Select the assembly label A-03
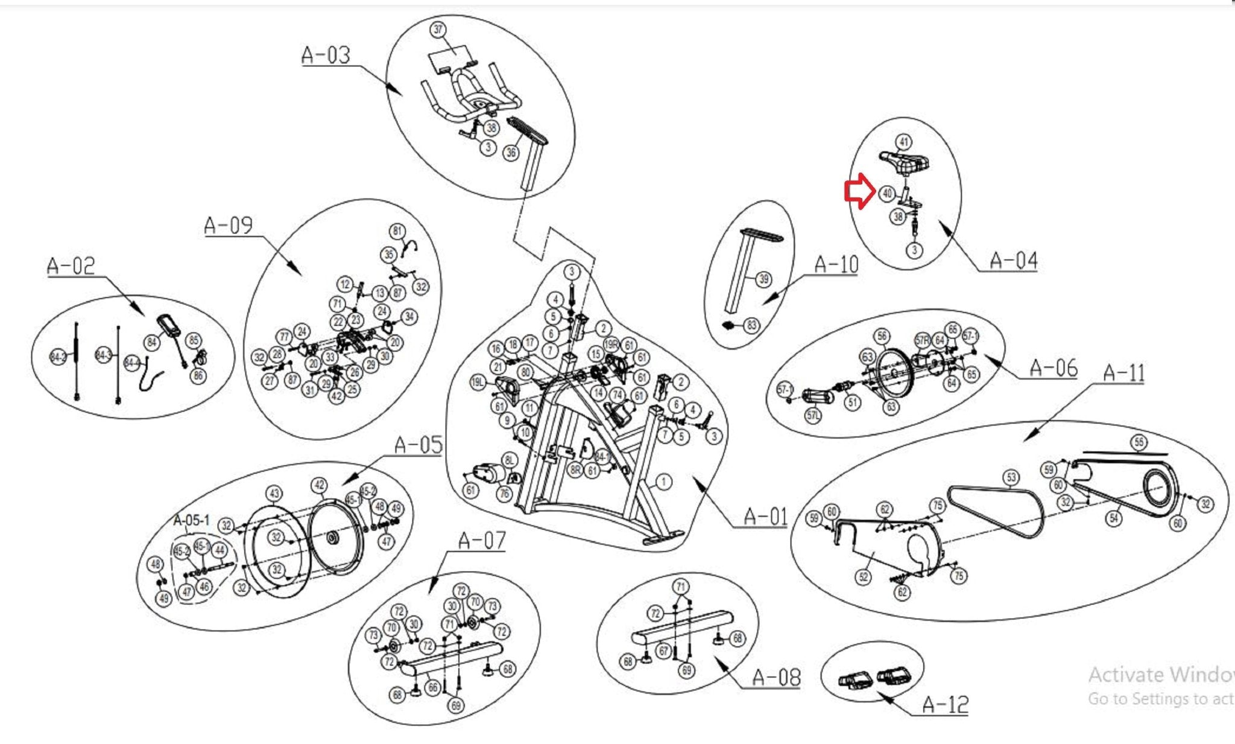coord(326,55)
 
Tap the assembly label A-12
coord(945,704)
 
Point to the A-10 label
coord(836,264)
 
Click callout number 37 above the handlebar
coord(438,30)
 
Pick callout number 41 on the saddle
coord(903,142)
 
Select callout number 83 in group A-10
coord(751,326)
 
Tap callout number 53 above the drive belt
coord(1011,478)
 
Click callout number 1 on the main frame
coord(663,482)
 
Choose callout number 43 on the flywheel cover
coord(274,494)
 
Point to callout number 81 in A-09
coord(397,231)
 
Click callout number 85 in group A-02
coord(194,340)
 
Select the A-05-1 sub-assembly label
coord(191,520)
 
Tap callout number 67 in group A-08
coord(663,651)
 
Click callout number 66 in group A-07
coord(432,688)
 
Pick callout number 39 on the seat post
coord(763,279)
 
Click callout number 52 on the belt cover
coord(864,577)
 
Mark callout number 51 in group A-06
coord(851,402)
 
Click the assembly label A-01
coord(765,517)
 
